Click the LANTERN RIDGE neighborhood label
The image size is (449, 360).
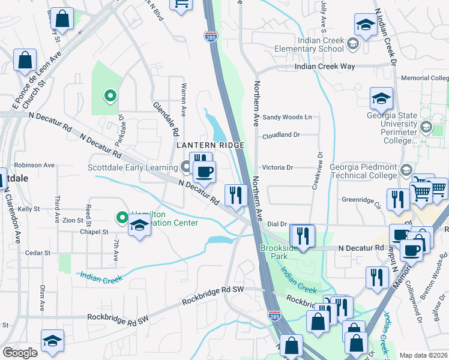tap(210, 145)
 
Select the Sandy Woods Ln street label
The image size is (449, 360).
tap(287, 117)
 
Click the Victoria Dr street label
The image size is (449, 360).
tap(277, 168)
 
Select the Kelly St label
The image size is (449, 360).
tap(28, 209)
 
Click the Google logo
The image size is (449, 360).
tap(20, 353)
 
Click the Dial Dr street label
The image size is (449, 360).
tap(276, 224)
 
